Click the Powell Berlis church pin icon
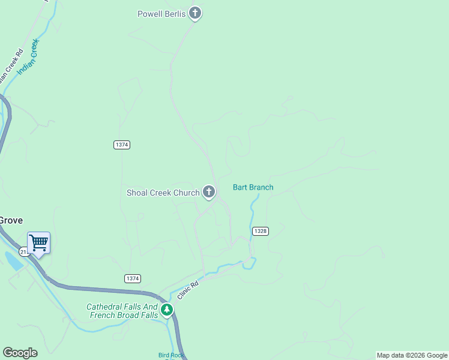[x=194, y=13]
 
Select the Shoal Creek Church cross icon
[x=209, y=192]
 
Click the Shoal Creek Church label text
[x=163, y=193]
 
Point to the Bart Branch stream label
[x=253, y=187]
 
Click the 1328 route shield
[x=261, y=231]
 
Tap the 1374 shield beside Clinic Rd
[x=133, y=278]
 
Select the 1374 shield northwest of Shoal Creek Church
[x=121, y=145]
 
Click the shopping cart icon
[x=38, y=243]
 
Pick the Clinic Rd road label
[x=187, y=291]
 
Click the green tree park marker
[x=166, y=310]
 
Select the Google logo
[x=20, y=353]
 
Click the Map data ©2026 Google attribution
[x=412, y=355]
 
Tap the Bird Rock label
[x=170, y=355]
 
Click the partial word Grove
[x=10, y=220]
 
